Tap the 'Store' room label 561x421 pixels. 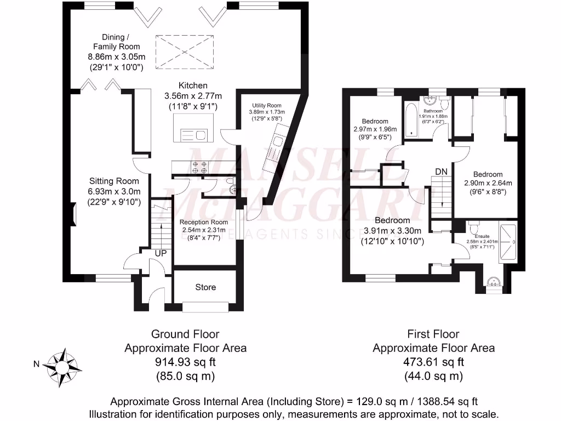205,287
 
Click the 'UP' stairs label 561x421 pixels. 161,254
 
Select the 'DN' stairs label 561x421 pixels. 442,172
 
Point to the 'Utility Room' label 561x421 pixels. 267,105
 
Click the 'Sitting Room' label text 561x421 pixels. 115,181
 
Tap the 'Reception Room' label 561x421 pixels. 204,222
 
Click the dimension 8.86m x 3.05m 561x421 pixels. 116,57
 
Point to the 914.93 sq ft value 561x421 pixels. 185,362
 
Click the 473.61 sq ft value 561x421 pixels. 433,362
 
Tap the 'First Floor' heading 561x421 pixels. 433,334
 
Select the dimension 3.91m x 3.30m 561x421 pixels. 392,231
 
